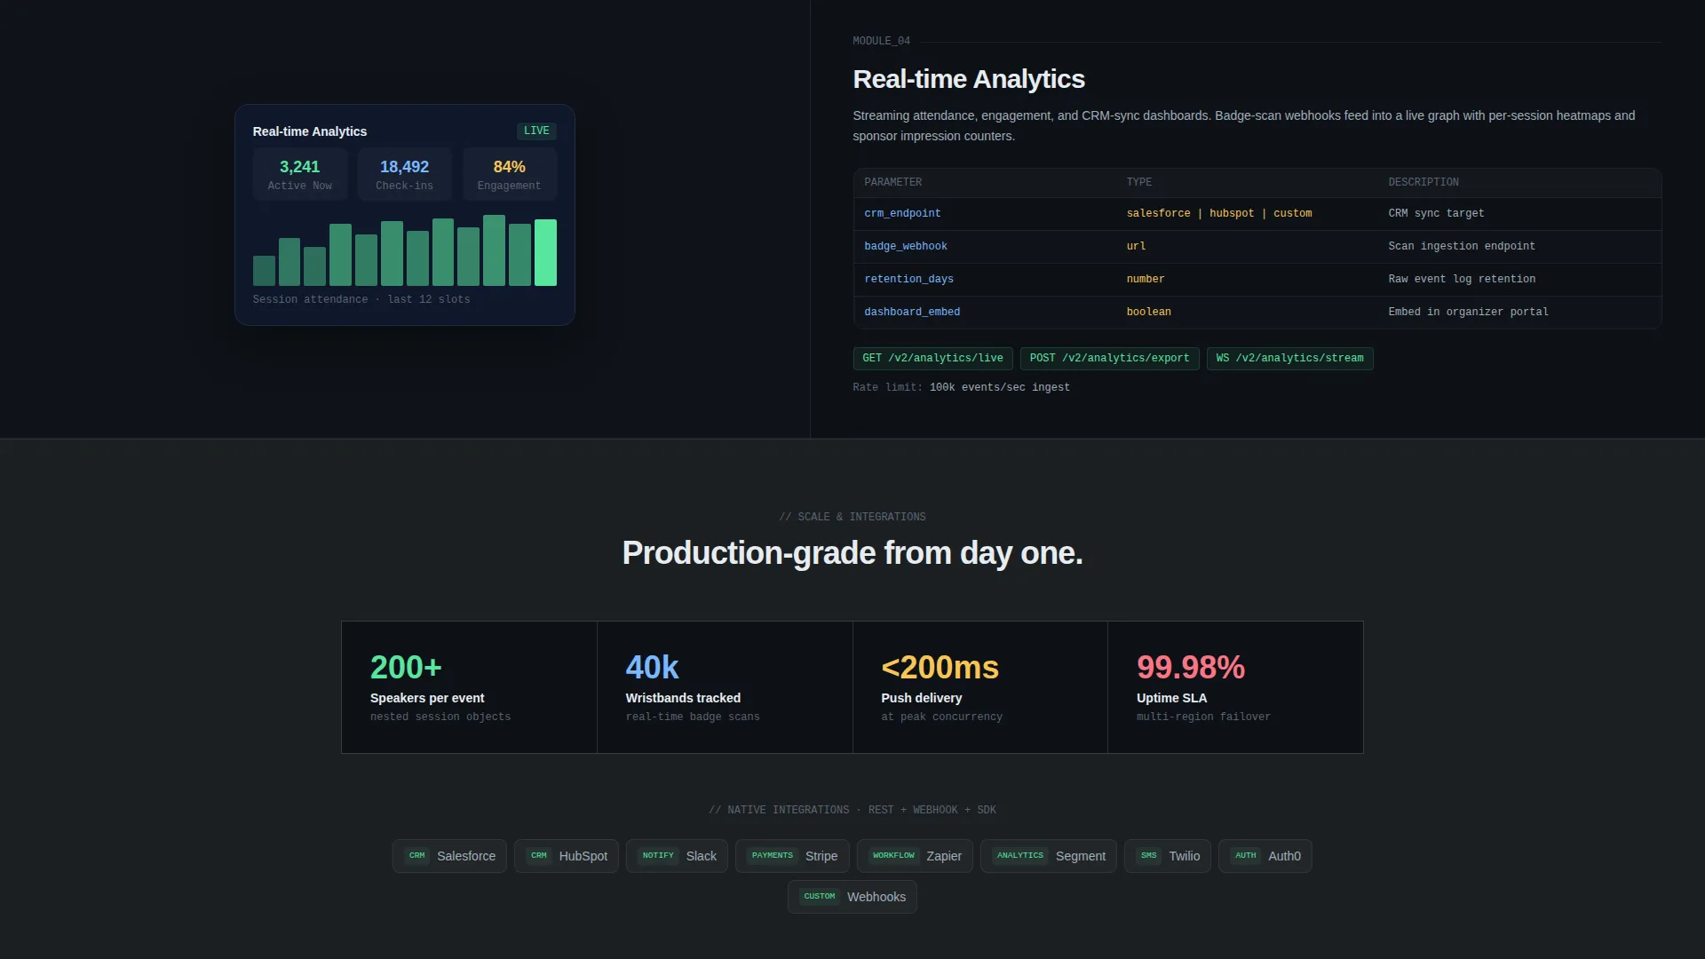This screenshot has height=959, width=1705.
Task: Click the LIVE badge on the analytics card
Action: pos(536,131)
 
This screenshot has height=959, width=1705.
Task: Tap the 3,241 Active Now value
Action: pos(299,167)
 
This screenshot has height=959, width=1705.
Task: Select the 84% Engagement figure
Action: pos(509,167)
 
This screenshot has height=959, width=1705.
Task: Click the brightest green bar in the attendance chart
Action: pos(545,252)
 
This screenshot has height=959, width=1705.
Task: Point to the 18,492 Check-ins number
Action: pos(404,167)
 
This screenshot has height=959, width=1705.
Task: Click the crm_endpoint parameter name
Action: pos(902,213)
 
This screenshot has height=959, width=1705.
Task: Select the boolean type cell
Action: pos(1148,312)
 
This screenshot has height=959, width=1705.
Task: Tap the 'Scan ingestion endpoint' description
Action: pos(1462,246)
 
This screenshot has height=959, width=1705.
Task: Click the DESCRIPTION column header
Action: pos(1423,182)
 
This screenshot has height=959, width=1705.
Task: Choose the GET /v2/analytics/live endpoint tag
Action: pos(932,358)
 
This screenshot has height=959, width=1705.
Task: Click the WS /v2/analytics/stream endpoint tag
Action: pos(1289,358)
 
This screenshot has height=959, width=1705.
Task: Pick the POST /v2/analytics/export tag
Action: pos(1109,358)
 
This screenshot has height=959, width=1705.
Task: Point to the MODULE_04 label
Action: pos(881,41)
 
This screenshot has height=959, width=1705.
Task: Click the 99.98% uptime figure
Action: pos(1191,667)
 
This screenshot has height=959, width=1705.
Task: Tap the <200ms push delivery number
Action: pos(940,667)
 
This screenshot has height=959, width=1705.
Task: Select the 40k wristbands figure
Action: pos(652,667)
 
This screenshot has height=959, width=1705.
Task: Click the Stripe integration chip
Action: pos(792,856)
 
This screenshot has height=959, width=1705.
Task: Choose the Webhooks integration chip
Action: pos(852,897)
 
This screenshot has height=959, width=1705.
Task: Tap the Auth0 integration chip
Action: pos(1265,856)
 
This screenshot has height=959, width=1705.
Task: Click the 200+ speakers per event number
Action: pos(406,667)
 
